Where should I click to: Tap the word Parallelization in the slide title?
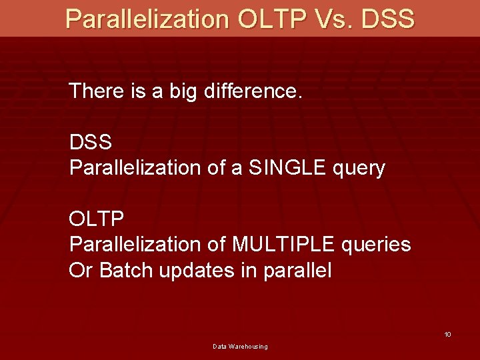pos(147,18)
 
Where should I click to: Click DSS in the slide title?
pos(387,18)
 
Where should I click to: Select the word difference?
pos(253,91)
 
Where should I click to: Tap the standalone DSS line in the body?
pos(91,142)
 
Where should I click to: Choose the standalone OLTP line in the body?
pos(97,219)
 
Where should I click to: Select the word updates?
pos(197,271)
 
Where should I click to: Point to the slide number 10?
pos(447,334)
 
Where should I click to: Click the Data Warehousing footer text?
pos(240,347)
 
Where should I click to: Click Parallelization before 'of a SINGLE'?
pos(136,168)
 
